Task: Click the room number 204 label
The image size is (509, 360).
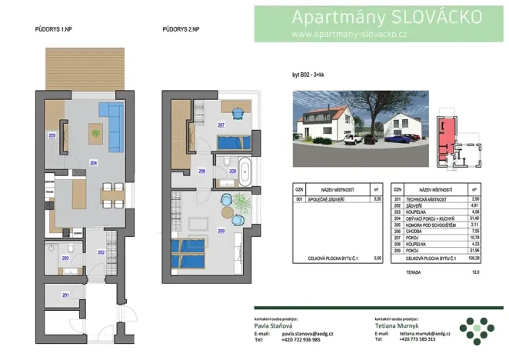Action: [x=93, y=162]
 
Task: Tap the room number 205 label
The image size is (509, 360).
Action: [x=52, y=135]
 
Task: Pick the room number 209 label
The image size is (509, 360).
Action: [x=221, y=231]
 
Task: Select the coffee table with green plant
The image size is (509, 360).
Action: [x=95, y=132]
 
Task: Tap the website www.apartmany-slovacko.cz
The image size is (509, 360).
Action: [x=349, y=34]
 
